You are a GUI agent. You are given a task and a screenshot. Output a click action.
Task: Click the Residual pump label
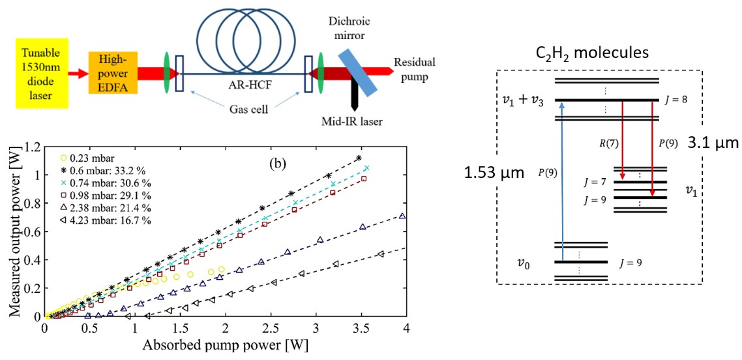(414, 66)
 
